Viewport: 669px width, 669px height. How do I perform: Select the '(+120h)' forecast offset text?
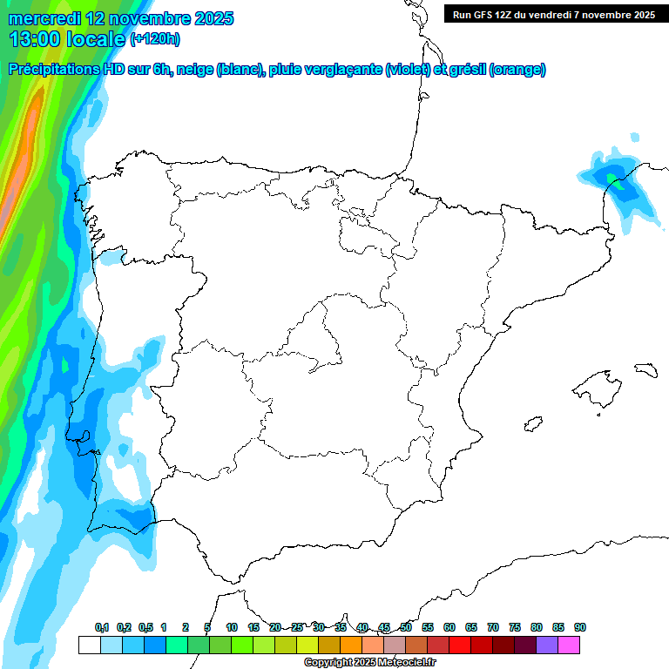[x=154, y=39]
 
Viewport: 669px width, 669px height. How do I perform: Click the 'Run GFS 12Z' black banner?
[x=553, y=14]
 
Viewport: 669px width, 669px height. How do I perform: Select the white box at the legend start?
[x=89, y=645]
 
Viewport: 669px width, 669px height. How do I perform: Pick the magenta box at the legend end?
[x=569, y=645]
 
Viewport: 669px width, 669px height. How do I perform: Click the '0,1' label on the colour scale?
[x=102, y=627]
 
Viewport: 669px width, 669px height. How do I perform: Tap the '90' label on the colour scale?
[x=580, y=627]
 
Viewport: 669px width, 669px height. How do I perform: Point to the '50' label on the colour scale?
[x=406, y=627]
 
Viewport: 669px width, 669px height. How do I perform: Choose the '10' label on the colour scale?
[x=232, y=627]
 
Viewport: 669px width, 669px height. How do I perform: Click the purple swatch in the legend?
[x=547, y=645]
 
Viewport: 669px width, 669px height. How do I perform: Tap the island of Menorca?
[x=645, y=369]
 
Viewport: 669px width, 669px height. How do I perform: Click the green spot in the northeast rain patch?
[x=616, y=181]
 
